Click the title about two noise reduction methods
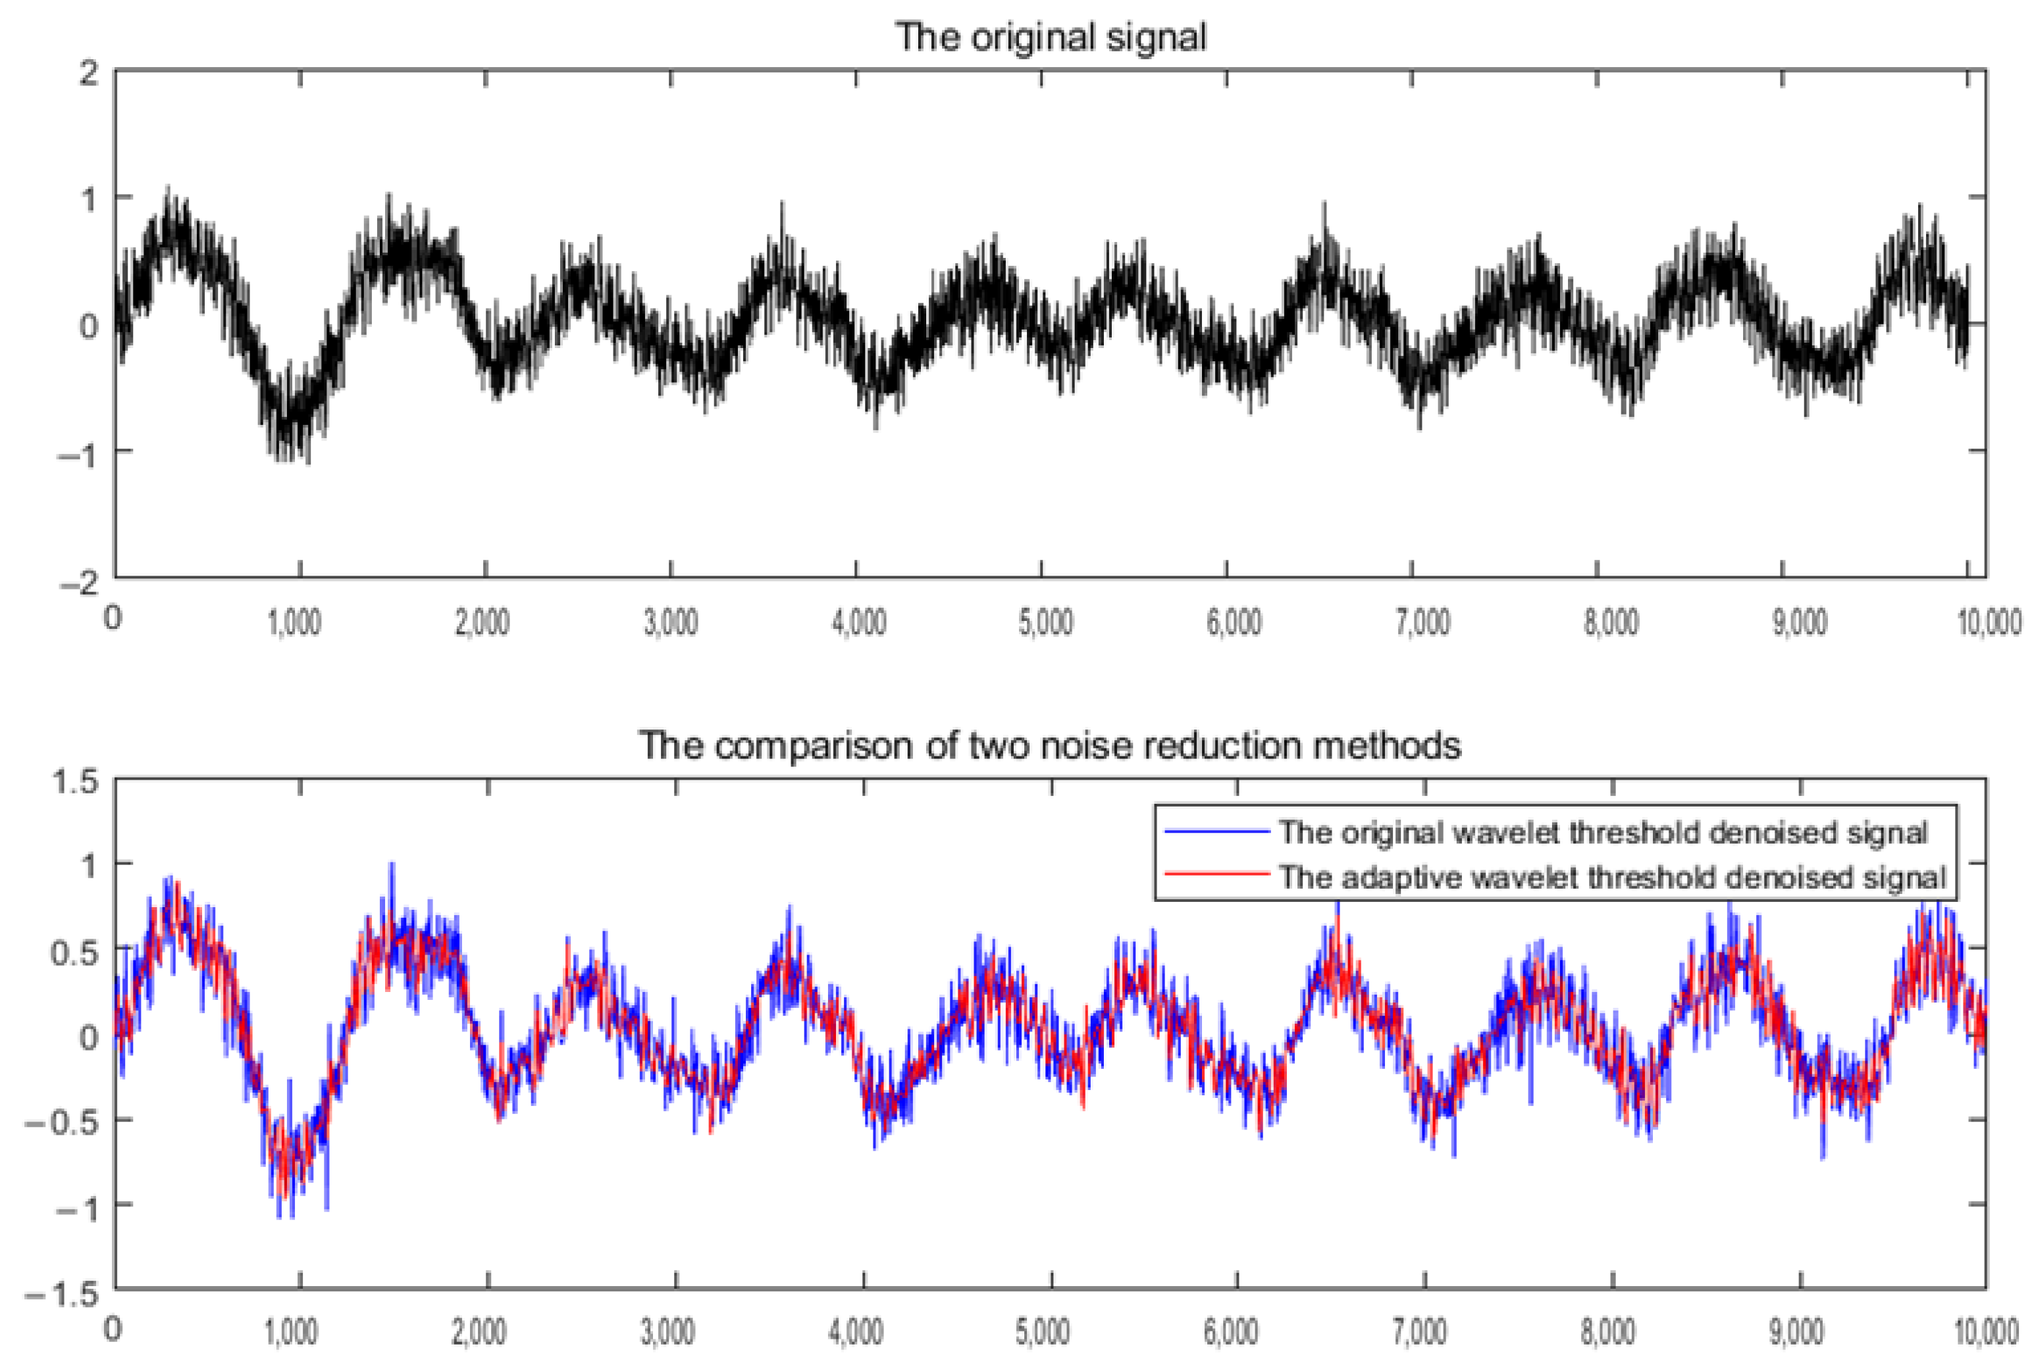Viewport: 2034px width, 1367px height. [1049, 745]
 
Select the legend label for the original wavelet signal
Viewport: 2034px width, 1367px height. [1602, 833]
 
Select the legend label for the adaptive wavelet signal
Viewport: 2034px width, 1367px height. [1612, 877]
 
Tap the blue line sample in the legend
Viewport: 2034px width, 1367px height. [1216, 833]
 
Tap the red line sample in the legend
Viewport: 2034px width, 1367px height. [1216, 874]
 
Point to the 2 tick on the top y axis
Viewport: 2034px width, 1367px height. [89, 72]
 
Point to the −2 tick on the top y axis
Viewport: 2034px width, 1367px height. [80, 582]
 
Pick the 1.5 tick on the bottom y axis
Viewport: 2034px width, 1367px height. [75, 781]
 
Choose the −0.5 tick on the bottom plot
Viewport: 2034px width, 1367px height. [63, 1122]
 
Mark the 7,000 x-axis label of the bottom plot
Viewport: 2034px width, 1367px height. [1422, 1331]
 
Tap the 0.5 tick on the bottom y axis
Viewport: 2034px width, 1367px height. [75, 952]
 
